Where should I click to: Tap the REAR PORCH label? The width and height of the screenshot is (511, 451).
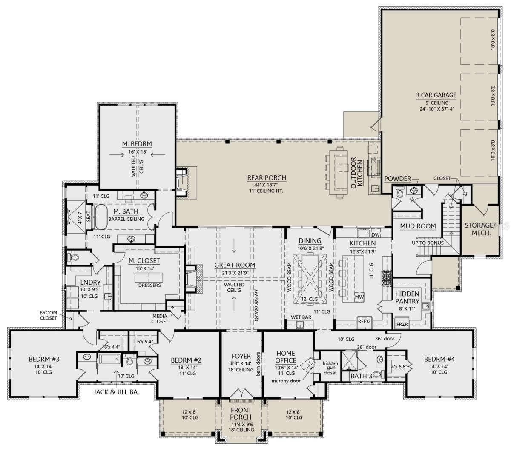267,178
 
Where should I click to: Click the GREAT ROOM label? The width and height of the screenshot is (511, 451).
235,265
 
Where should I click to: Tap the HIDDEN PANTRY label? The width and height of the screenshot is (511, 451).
408,297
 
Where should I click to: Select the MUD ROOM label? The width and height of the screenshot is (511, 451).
417,226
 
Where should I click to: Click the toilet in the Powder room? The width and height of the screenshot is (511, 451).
399,192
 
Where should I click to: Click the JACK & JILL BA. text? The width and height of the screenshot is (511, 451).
116,391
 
